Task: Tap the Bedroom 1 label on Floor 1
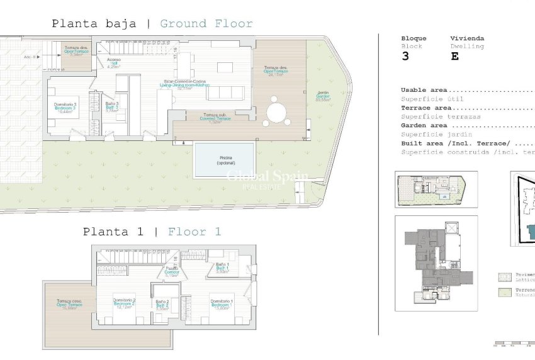[222, 303]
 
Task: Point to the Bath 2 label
[162, 305]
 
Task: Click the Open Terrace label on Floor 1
[69, 303]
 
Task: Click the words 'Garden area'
[425, 125]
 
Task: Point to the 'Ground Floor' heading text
[206, 24]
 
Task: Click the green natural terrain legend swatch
[504, 291]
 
